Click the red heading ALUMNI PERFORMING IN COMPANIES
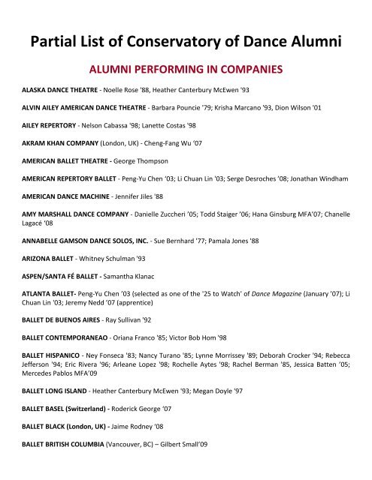[186, 70]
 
